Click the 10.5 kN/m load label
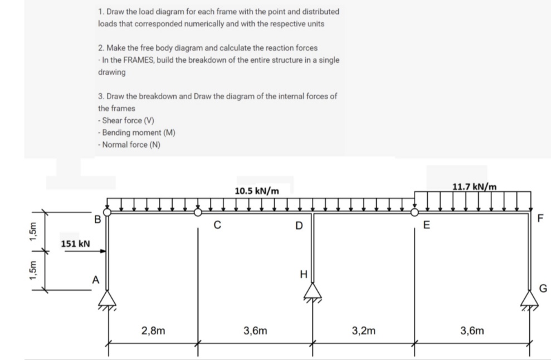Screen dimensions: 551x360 click(x=257, y=191)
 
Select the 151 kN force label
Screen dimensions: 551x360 click(x=75, y=244)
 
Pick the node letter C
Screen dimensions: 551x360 click(x=218, y=226)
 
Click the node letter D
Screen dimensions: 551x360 click(x=299, y=226)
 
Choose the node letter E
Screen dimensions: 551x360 click(x=427, y=226)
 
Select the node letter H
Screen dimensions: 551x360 click(x=303, y=274)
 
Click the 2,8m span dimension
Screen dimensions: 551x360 click(x=153, y=330)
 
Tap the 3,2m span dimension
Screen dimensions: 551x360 click(x=363, y=330)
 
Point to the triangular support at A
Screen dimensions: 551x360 click(x=108, y=299)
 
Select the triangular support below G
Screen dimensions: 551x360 click(x=530, y=296)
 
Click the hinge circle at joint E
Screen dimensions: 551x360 click(x=414, y=212)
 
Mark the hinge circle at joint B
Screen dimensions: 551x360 click(x=108, y=212)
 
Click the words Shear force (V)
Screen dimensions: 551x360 click(x=126, y=120)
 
